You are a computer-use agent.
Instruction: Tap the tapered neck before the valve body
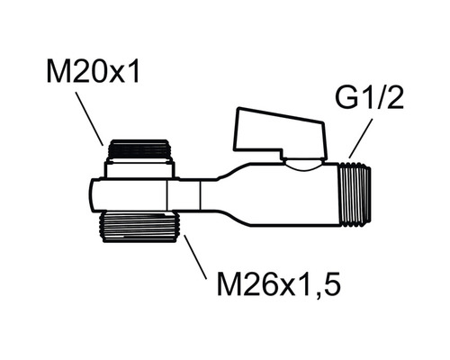225,191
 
